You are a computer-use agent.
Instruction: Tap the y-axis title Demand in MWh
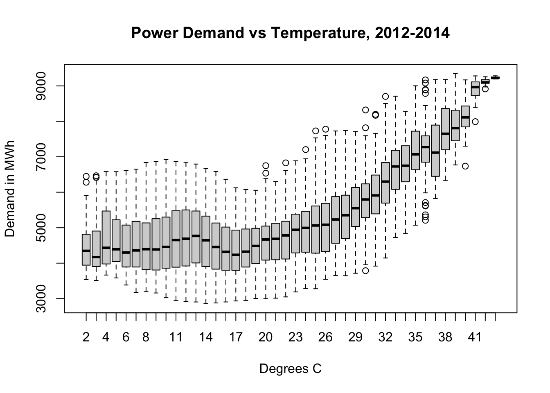pyautogui.click(x=10, y=189)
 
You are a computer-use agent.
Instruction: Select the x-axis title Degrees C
pyautogui.click(x=291, y=369)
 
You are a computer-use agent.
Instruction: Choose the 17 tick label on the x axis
pyautogui.click(x=236, y=337)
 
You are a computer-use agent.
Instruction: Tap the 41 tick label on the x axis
pyautogui.click(x=475, y=337)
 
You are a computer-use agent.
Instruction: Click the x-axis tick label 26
pyautogui.click(x=325, y=337)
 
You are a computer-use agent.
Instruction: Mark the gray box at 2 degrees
pyautogui.click(x=86, y=250)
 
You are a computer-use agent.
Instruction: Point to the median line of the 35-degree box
pyautogui.click(x=415, y=154)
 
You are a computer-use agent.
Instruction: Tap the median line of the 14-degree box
pyautogui.click(x=206, y=240)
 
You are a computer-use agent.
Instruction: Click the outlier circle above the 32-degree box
pyautogui.click(x=385, y=97)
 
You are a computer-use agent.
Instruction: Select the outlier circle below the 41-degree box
pyautogui.click(x=475, y=122)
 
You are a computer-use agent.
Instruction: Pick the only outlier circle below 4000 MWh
pyautogui.click(x=365, y=271)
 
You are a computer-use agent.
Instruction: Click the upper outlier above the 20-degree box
pyautogui.click(x=266, y=166)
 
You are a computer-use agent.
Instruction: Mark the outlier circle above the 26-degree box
pyautogui.click(x=326, y=129)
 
